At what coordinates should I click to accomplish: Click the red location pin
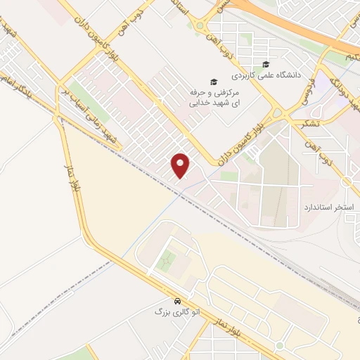181,165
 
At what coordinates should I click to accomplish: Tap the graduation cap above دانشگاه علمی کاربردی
266,64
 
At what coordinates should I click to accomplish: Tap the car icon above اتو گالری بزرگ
181,300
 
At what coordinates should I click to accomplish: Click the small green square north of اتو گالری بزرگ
167,264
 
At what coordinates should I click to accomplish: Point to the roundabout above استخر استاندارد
347,182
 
